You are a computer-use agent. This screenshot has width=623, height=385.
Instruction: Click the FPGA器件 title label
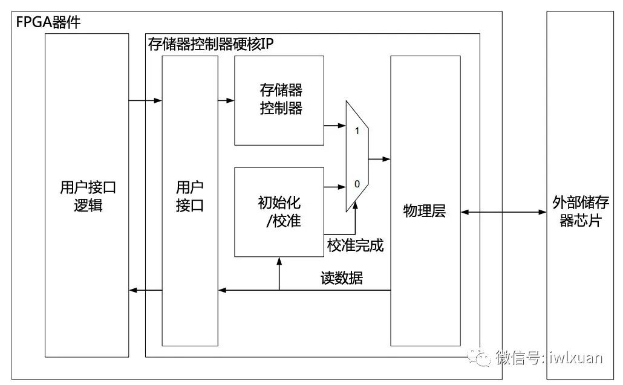coord(48,24)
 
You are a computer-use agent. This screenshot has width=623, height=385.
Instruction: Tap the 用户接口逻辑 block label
coord(88,196)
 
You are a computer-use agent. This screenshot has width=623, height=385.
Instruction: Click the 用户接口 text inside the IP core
coord(190,196)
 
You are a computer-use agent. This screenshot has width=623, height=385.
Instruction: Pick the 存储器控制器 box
coord(279,100)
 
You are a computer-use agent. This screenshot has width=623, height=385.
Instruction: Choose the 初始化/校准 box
coord(279,212)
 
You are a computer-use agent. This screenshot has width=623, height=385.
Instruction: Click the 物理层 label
coord(425,212)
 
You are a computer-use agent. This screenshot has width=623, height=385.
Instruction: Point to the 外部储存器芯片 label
coord(580,211)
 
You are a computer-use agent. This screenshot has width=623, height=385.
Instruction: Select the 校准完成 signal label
coord(356,245)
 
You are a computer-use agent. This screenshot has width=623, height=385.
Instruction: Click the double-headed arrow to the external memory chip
coord(503,212)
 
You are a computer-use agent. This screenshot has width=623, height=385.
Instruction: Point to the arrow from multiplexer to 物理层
coord(379,159)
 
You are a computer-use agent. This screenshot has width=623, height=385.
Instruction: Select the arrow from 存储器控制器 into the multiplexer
coord(334,126)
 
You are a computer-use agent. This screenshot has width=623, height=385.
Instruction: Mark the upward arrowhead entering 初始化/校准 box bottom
coord(279,261)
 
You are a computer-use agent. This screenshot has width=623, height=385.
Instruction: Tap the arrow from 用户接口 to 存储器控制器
coord(226,100)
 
